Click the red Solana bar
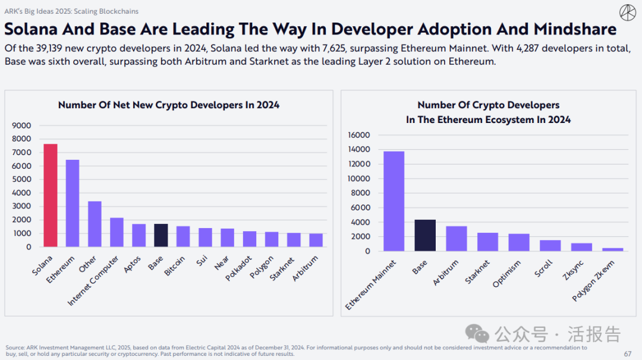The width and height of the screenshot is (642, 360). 50,195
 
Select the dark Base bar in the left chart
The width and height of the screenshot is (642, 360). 160,235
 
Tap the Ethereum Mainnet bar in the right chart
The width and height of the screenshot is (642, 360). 394,201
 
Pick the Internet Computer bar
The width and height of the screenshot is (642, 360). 117,232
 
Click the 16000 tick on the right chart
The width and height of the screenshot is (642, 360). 358,135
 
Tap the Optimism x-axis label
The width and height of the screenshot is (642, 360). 507,273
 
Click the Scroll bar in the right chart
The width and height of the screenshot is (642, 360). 550,245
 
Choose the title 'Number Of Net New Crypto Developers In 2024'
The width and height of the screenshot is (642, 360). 169,105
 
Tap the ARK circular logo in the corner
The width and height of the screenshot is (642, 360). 627,12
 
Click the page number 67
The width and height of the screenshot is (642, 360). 628,353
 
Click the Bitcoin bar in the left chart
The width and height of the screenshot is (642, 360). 183,236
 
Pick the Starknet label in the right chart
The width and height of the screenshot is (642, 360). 478,271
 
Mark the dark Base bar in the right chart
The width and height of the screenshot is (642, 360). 424,235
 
